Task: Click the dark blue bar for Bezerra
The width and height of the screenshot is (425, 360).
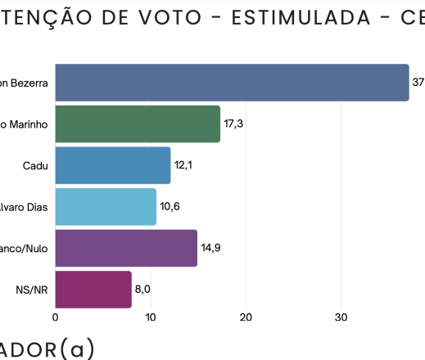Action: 232,83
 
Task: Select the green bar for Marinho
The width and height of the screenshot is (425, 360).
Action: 138,124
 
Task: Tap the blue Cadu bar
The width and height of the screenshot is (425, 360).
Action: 113,165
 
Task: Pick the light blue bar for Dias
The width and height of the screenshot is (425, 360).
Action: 106,207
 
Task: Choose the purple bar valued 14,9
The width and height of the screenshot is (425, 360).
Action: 126,248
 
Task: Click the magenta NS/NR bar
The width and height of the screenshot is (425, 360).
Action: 93,290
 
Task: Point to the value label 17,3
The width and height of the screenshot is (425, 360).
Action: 233,124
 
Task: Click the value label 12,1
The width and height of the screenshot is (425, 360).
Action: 184,165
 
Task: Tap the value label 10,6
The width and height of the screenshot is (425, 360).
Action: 170,207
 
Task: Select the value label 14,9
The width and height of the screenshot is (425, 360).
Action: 211,248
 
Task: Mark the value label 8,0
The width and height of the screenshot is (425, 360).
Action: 143,290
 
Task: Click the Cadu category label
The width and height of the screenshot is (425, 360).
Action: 36,165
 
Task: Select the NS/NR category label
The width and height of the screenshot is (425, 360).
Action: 32,290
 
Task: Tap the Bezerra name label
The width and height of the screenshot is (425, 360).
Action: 24,83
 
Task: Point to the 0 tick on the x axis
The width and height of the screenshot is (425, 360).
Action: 55,317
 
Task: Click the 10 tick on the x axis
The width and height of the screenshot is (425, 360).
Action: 151,317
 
